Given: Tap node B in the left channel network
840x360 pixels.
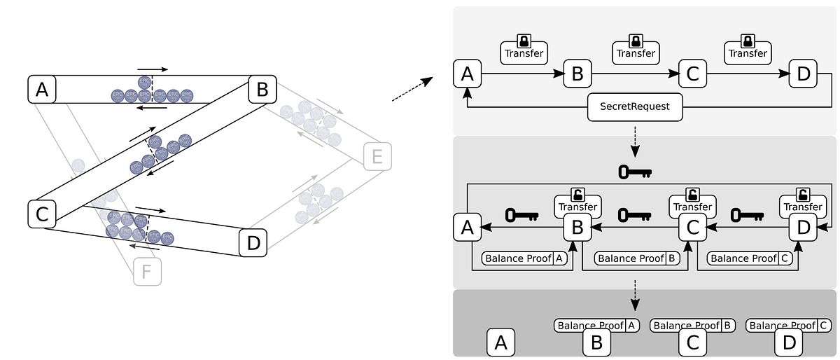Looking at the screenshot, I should pos(262,90).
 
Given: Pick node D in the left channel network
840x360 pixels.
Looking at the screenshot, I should pos(253,244).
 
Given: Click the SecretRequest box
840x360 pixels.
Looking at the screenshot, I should pos(634,107).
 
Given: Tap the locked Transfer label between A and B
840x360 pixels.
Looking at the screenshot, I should pos(524,53).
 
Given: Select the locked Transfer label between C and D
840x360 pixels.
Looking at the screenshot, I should pos(748,53).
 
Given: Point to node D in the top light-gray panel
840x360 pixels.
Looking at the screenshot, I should pos(803,73).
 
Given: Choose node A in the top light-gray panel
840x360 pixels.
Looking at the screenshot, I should pos(467,73).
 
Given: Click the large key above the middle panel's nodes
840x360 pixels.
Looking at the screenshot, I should pos(635,171).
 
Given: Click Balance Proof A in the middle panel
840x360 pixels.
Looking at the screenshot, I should pos(525,258).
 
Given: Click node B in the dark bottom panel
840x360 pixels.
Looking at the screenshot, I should pos(597,342).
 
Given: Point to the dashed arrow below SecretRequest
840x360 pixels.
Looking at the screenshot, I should pos(635,145).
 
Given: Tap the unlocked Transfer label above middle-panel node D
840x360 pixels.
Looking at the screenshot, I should pos(803,207).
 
